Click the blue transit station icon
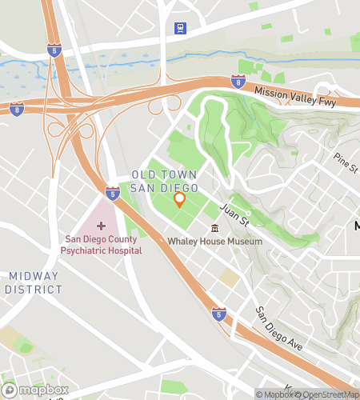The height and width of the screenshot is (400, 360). click(181, 29)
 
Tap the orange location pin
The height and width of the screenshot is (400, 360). click(180, 199)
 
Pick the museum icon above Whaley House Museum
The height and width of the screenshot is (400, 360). click(214, 229)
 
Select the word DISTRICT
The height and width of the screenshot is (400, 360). click(34, 289)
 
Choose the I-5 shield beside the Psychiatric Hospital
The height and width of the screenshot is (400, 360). click(113, 193)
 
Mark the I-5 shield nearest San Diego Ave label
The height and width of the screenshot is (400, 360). click(219, 314)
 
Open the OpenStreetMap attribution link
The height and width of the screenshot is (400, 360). click(328, 394)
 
